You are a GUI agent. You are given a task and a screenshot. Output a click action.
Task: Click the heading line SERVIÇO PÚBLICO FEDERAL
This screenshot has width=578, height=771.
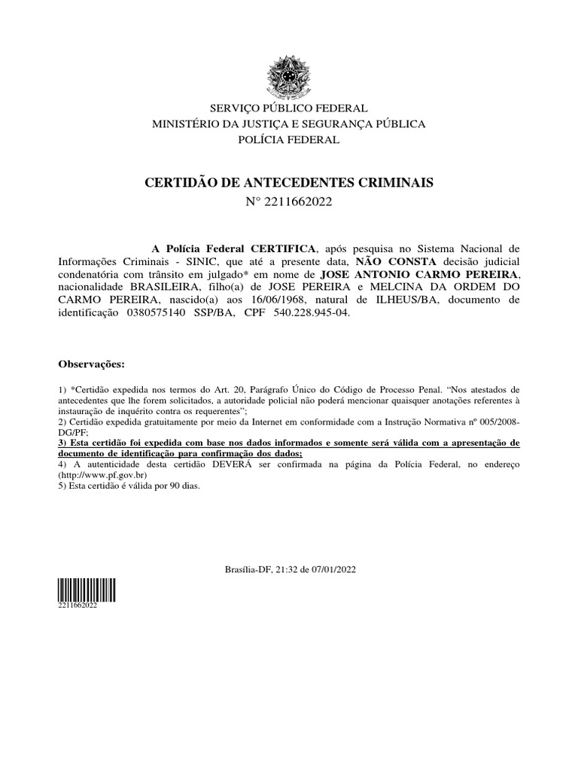click(x=289, y=108)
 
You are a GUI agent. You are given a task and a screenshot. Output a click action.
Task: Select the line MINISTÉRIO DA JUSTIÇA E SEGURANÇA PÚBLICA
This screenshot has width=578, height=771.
click(x=289, y=124)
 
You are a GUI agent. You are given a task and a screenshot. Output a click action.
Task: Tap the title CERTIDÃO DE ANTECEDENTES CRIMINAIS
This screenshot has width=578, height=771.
click(x=289, y=183)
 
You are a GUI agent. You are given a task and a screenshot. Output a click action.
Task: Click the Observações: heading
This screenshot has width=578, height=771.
click(x=91, y=364)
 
